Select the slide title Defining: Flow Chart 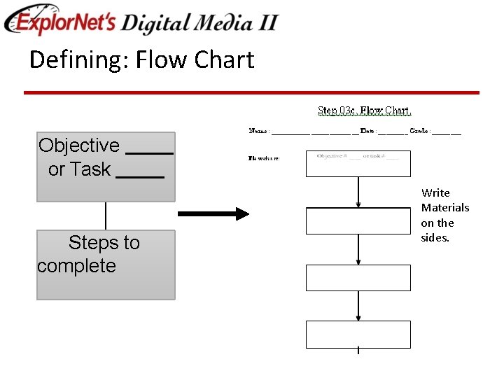pos(141,60)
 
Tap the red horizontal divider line pos(252,92)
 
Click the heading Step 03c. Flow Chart pos(365,111)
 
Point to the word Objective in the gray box pos(79,146)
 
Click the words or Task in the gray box pos(79,169)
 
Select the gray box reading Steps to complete pos(105,265)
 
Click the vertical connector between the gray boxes pos(106,216)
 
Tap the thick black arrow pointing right pos(213,213)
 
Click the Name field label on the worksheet pos(260,131)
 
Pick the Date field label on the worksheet pos(367,131)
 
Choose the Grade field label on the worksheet pos(419,131)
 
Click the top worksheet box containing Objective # pos(358,163)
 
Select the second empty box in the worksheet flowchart pos(358,220)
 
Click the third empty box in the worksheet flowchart pos(358,278)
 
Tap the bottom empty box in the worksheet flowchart pos(358,334)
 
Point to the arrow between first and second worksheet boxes pos(358,192)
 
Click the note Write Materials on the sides pos(444,215)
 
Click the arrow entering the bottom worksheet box pos(358,306)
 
